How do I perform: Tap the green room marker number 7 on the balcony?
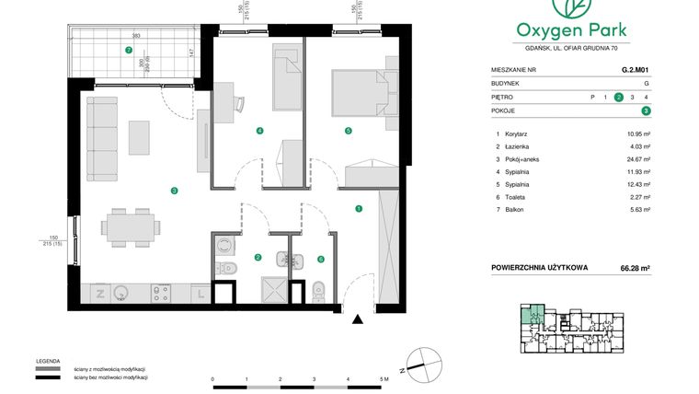[129, 50]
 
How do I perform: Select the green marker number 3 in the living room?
[174, 191]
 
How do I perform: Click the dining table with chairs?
[130, 226]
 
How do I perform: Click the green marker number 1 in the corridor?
[359, 208]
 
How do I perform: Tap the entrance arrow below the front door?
[358, 319]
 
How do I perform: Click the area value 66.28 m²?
[636, 269]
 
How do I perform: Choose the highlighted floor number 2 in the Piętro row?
[619, 97]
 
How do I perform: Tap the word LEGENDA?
[48, 360]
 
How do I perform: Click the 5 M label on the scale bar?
[384, 379]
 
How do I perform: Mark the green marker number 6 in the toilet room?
[321, 259]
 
